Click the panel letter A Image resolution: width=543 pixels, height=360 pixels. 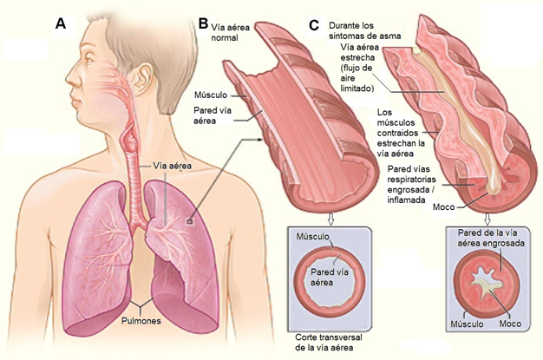[61, 24]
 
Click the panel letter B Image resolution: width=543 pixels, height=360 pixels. [202, 23]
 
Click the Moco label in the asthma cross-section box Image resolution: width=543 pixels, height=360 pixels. [512, 324]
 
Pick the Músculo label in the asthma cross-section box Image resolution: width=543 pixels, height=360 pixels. [468, 324]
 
